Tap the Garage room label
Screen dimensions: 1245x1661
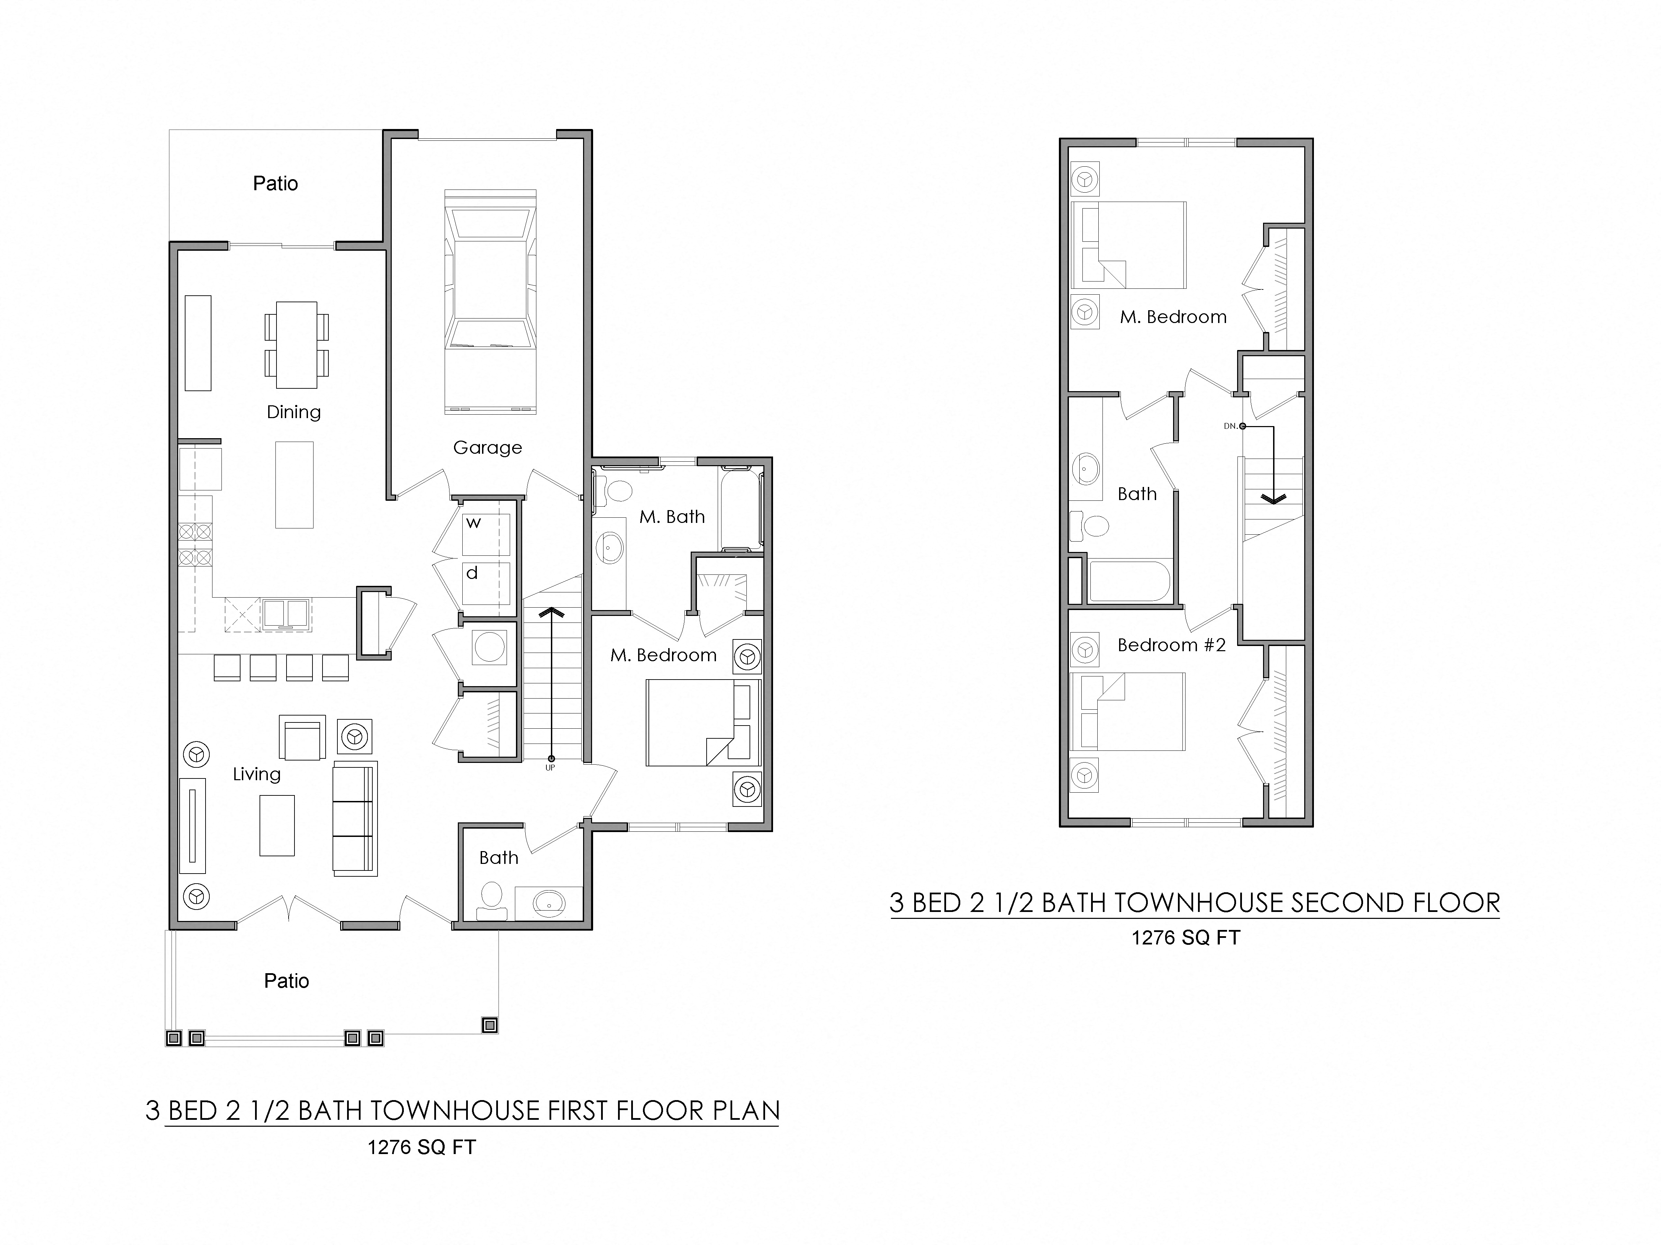click(x=487, y=447)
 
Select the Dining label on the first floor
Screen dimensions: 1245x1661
click(x=293, y=412)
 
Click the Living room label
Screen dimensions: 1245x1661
click(x=257, y=774)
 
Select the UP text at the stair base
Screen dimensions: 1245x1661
click(x=551, y=768)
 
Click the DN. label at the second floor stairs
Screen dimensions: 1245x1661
click(x=1230, y=426)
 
